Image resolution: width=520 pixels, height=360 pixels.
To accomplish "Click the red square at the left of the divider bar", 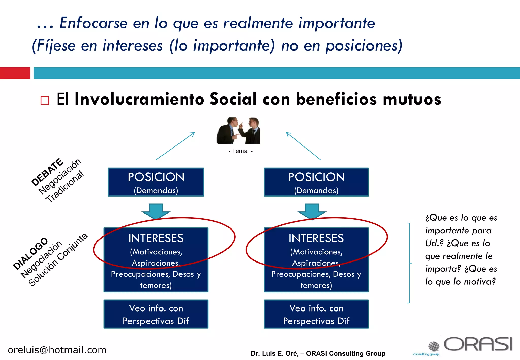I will pyautogui.click(x=15, y=73).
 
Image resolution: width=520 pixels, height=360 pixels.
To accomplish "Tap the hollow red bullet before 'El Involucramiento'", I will pyautogui.click(x=45, y=101).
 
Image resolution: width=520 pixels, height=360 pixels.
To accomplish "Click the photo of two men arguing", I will pyautogui.click(x=238, y=131).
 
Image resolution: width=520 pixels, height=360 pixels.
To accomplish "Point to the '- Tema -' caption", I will pyautogui.click(x=240, y=151).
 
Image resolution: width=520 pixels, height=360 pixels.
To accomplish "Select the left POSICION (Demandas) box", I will pyautogui.click(x=156, y=182).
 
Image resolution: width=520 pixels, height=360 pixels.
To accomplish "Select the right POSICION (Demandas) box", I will pyautogui.click(x=316, y=182).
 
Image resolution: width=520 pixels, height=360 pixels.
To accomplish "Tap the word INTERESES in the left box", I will pyautogui.click(x=156, y=238).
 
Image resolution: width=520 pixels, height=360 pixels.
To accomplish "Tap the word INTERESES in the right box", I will pyautogui.click(x=316, y=238).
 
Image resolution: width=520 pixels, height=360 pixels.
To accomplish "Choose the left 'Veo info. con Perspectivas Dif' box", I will pyautogui.click(x=156, y=314).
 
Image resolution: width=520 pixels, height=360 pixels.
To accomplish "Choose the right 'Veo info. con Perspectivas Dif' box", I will pyautogui.click(x=316, y=314).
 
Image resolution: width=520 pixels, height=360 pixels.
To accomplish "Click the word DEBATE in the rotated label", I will pyautogui.click(x=47, y=172).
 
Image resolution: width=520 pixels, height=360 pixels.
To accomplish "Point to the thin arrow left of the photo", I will pyautogui.click(x=175, y=146).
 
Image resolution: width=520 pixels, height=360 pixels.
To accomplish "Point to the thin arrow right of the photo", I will pyautogui.click(x=303, y=146).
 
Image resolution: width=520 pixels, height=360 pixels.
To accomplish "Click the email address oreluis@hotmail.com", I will pyautogui.click(x=57, y=350).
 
